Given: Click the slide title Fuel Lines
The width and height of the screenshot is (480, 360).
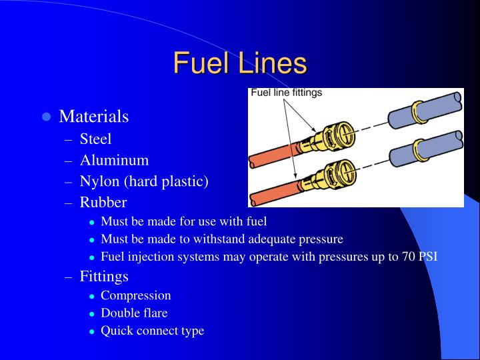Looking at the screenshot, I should [x=240, y=64].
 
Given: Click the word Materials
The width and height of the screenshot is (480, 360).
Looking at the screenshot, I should [x=93, y=117].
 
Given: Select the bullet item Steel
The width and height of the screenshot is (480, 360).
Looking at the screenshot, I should [x=95, y=139].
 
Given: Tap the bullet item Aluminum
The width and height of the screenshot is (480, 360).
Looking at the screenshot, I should [x=114, y=160].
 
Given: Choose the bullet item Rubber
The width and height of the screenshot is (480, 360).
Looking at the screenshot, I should [x=103, y=202].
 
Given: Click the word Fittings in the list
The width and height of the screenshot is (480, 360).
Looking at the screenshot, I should [x=104, y=275].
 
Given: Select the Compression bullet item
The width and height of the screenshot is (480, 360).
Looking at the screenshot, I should [x=135, y=295].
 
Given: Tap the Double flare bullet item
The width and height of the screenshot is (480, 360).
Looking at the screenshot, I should [x=134, y=313].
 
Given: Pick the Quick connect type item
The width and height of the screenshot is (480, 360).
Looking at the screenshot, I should [x=152, y=331].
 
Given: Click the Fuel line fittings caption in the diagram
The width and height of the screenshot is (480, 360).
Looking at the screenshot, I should [x=286, y=93].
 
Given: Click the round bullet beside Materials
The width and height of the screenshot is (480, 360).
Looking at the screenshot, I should [x=46, y=117].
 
